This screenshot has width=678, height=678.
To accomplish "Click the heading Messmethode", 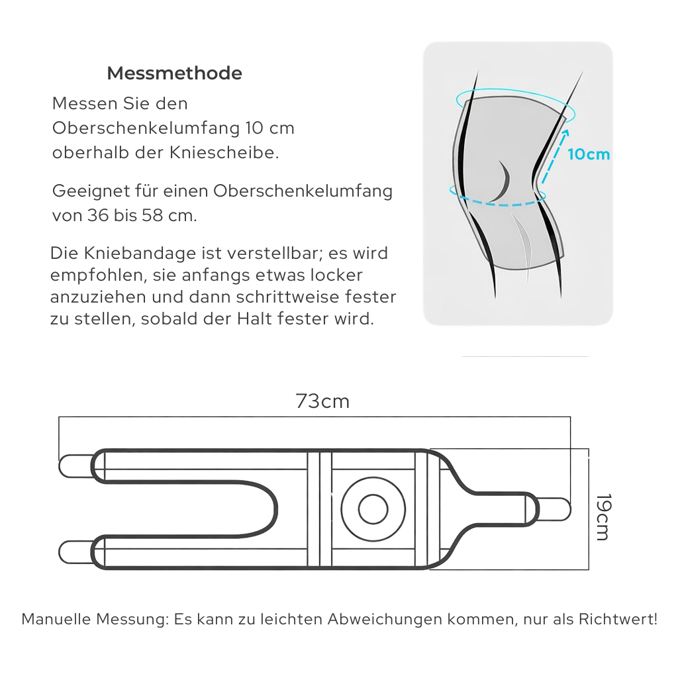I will point(174,73).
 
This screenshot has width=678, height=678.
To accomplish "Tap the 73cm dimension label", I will point(322,401).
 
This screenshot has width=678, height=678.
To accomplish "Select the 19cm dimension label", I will point(601,516).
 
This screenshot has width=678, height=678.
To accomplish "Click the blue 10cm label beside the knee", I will point(589,154).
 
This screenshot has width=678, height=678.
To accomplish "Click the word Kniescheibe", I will point(236,152).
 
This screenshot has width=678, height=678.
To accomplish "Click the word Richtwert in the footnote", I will point(616,620).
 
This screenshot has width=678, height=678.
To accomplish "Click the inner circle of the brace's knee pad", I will point(373,509).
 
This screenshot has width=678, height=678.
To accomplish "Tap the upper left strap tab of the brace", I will point(75,466).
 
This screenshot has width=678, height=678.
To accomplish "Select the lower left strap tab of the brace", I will point(75,552).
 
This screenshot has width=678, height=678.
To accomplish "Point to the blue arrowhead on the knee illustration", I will point(565,132).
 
